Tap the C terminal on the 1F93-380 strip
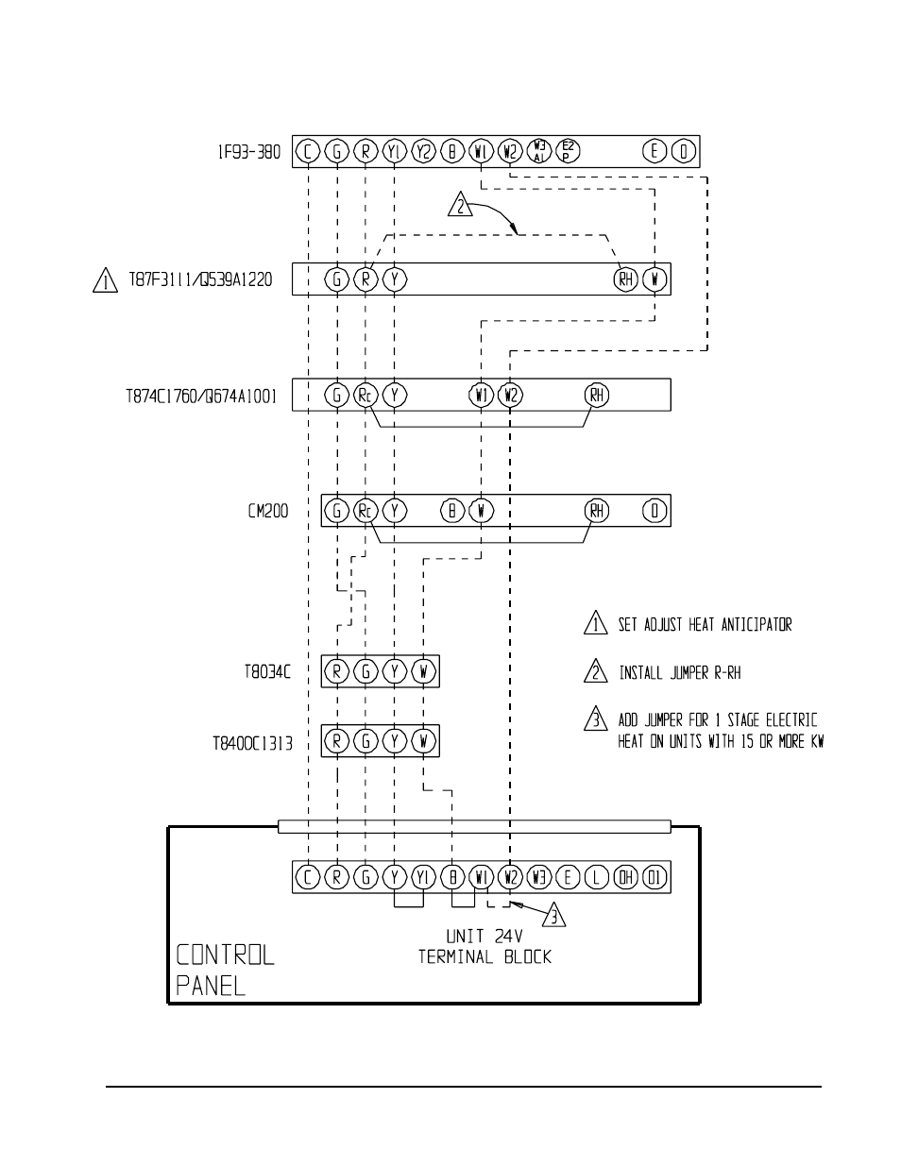click(x=308, y=151)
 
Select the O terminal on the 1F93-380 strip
click(x=684, y=151)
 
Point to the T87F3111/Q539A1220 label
click(x=199, y=280)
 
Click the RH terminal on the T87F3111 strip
click(x=625, y=279)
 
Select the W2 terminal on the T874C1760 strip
click(x=510, y=395)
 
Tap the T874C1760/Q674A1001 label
click(x=201, y=397)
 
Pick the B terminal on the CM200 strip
click(x=452, y=511)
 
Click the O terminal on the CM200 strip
click(x=654, y=511)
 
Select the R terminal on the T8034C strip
click(x=337, y=672)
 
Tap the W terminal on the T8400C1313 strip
click(x=424, y=741)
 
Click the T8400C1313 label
click(x=251, y=743)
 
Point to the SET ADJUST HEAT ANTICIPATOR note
click(x=705, y=625)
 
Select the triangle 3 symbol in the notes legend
click(x=595, y=720)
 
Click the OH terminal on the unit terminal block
click(x=625, y=877)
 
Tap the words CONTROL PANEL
click(x=225, y=970)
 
